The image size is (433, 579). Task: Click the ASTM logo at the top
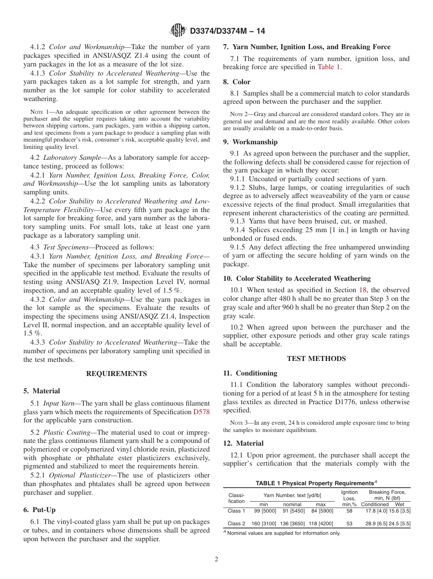pyautogui.click(x=178, y=30)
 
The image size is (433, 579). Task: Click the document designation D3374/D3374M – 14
pyautogui.click(x=227, y=31)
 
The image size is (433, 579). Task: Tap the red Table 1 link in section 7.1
pyautogui.click(x=328, y=67)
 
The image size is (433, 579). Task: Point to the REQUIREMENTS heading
pyautogui.click(x=117, y=374)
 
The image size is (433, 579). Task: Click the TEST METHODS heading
pyautogui.click(x=316, y=359)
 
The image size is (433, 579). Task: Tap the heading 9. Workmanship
pyautogui.click(x=250, y=142)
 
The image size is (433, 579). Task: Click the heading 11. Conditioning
pyautogui.click(x=250, y=373)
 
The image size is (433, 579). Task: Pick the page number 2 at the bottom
pyautogui.click(x=216, y=559)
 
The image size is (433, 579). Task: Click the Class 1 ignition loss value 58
pyautogui.click(x=349, y=511)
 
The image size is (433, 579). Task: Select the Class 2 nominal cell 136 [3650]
pyautogui.click(x=292, y=523)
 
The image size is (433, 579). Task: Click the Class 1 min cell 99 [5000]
pyautogui.click(x=263, y=511)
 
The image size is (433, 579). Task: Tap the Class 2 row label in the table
pyautogui.click(x=236, y=523)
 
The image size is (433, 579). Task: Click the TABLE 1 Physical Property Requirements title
pyautogui.click(x=316, y=483)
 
